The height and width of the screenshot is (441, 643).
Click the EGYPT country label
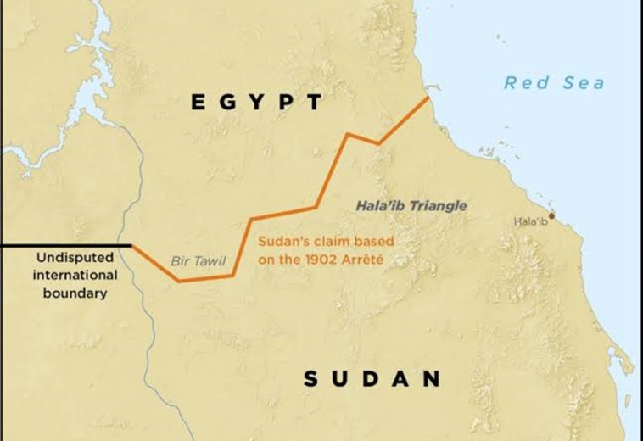256,103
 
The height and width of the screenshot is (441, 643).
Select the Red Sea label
554,82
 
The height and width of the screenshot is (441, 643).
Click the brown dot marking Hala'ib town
551,215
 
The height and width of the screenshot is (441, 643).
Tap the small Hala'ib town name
531,222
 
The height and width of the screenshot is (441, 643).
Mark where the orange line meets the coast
429,98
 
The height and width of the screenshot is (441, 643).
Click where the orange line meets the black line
131,246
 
